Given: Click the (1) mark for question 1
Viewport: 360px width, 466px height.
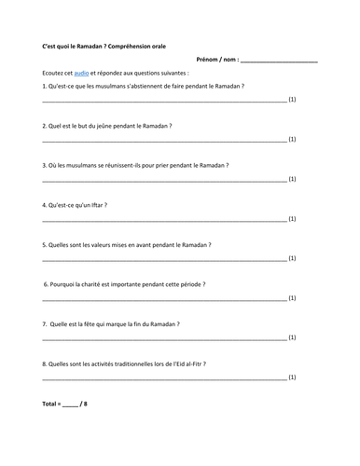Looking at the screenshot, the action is point(293,99).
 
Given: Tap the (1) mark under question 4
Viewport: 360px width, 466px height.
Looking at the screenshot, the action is point(293,219).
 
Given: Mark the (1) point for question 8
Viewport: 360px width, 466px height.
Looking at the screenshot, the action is point(293,378).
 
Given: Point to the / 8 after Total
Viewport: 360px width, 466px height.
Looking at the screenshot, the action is point(87,405).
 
